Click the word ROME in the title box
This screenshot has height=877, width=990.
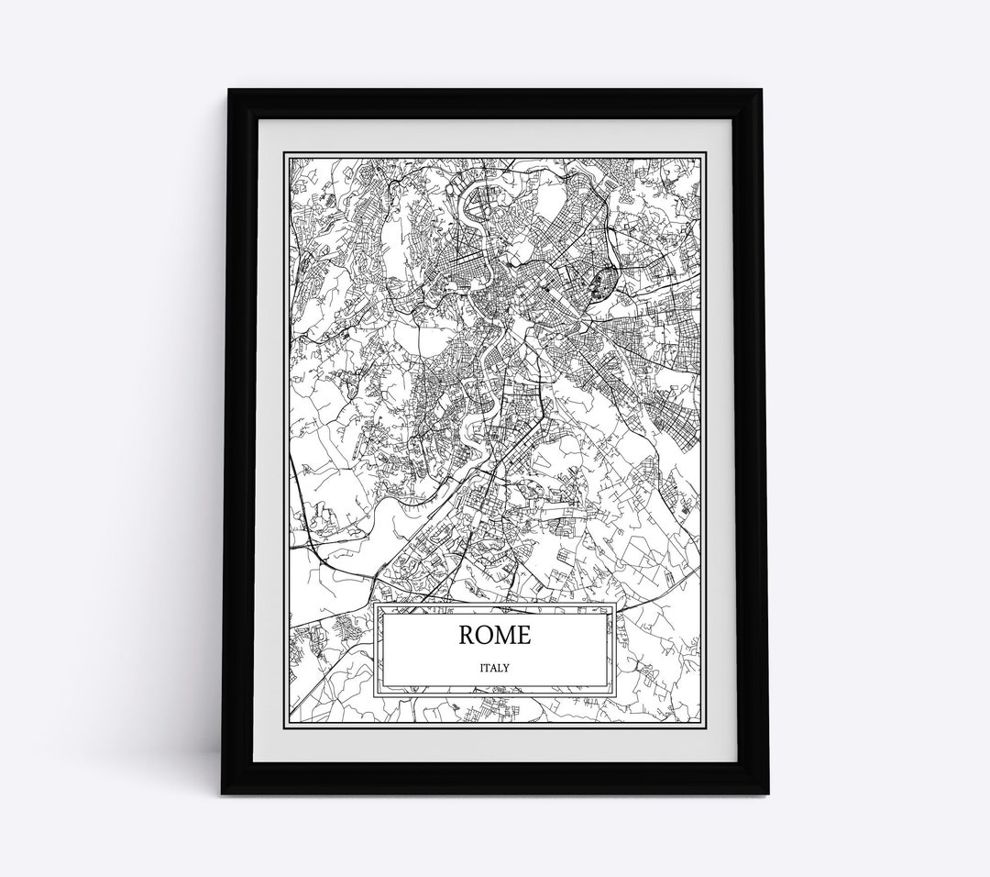[x=495, y=635]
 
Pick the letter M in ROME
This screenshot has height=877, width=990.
[x=506, y=635]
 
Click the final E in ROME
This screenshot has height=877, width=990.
[x=524, y=635]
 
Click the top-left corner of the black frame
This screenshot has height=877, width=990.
[x=228, y=89]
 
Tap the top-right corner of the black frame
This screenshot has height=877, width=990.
[x=763, y=89]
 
